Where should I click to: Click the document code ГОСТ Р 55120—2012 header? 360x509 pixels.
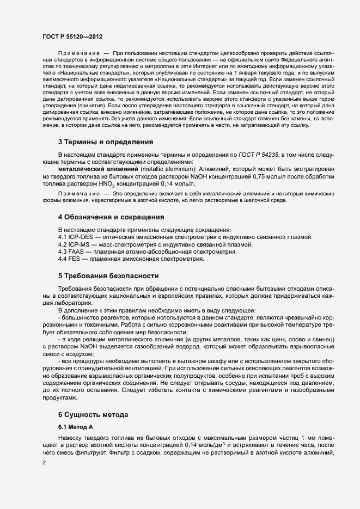(72, 36)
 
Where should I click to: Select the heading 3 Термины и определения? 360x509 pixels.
(106, 142)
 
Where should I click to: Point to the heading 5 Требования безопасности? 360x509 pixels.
(108, 276)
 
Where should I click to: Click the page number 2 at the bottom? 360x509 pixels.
(44, 462)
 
